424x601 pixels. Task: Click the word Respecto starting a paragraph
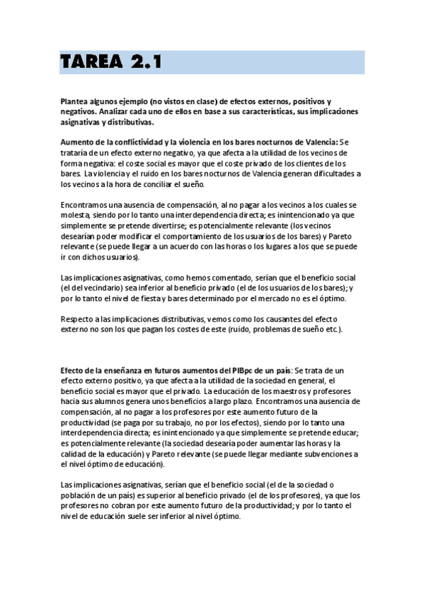coord(79,320)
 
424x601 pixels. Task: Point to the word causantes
coord(290,320)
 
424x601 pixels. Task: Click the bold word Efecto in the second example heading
coord(73,371)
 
